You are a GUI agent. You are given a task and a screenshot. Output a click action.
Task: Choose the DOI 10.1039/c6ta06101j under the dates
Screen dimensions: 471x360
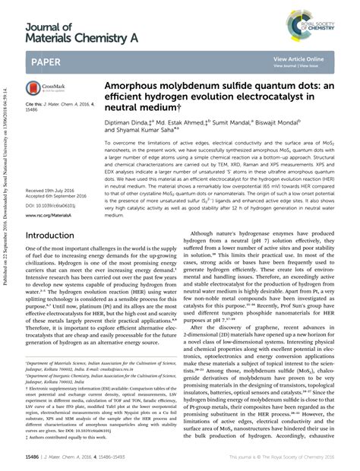point(52,184)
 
